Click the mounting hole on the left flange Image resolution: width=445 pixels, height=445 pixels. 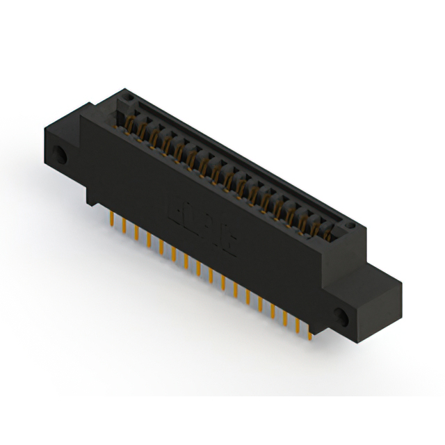click(x=63, y=156)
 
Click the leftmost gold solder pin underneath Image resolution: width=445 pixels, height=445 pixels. click(x=111, y=219)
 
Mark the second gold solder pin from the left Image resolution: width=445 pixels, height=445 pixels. click(x=124, y=227)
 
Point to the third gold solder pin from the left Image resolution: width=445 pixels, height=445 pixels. click(x=136, y=234)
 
